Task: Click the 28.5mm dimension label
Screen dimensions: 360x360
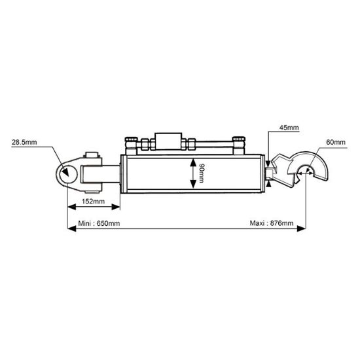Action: click(23, 141)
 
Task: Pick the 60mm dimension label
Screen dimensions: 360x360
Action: click(334, 141)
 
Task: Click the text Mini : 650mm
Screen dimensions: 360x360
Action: click(99, 224)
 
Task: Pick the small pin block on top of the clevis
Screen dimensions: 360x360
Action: click(93, 158)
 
